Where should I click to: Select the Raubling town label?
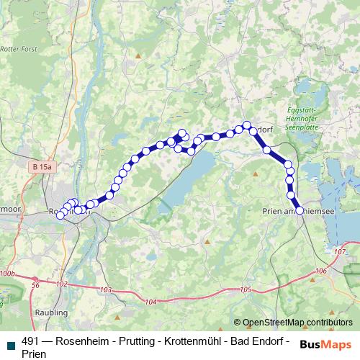(x=51, y=313)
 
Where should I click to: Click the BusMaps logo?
(x=325, y=343)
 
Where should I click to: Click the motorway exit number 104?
(x=150, y=302)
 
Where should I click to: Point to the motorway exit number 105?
(x=245, y=289)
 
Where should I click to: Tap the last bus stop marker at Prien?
(x=300, y=210)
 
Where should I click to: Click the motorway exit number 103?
(x=107, y=289)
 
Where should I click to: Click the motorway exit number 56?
(x=35, y=285)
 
